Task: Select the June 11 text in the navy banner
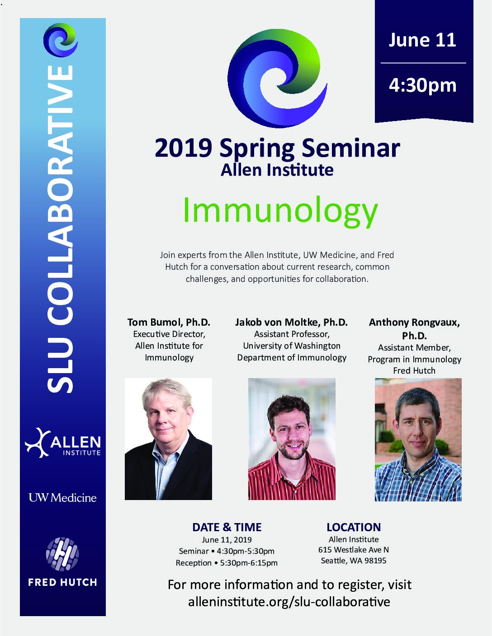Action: (422, 40)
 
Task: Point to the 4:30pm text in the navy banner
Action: (422, 85)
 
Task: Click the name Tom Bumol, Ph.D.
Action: (169, 322)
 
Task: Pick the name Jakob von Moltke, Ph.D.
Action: (291, 322)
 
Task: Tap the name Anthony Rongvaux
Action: (414, 322)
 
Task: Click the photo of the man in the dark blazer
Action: (168, 439)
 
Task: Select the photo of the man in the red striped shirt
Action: (292, 439)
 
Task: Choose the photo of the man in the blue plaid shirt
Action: (418, 440)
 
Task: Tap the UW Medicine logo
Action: (62, 498)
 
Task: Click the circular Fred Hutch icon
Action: (62, 554)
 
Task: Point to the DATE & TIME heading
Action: (227, 528)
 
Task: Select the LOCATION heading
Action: (354, 528)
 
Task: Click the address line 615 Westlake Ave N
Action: (354, 550)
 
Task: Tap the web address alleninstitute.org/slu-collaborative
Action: (289, 602)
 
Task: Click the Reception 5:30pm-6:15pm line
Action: (227, 563)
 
